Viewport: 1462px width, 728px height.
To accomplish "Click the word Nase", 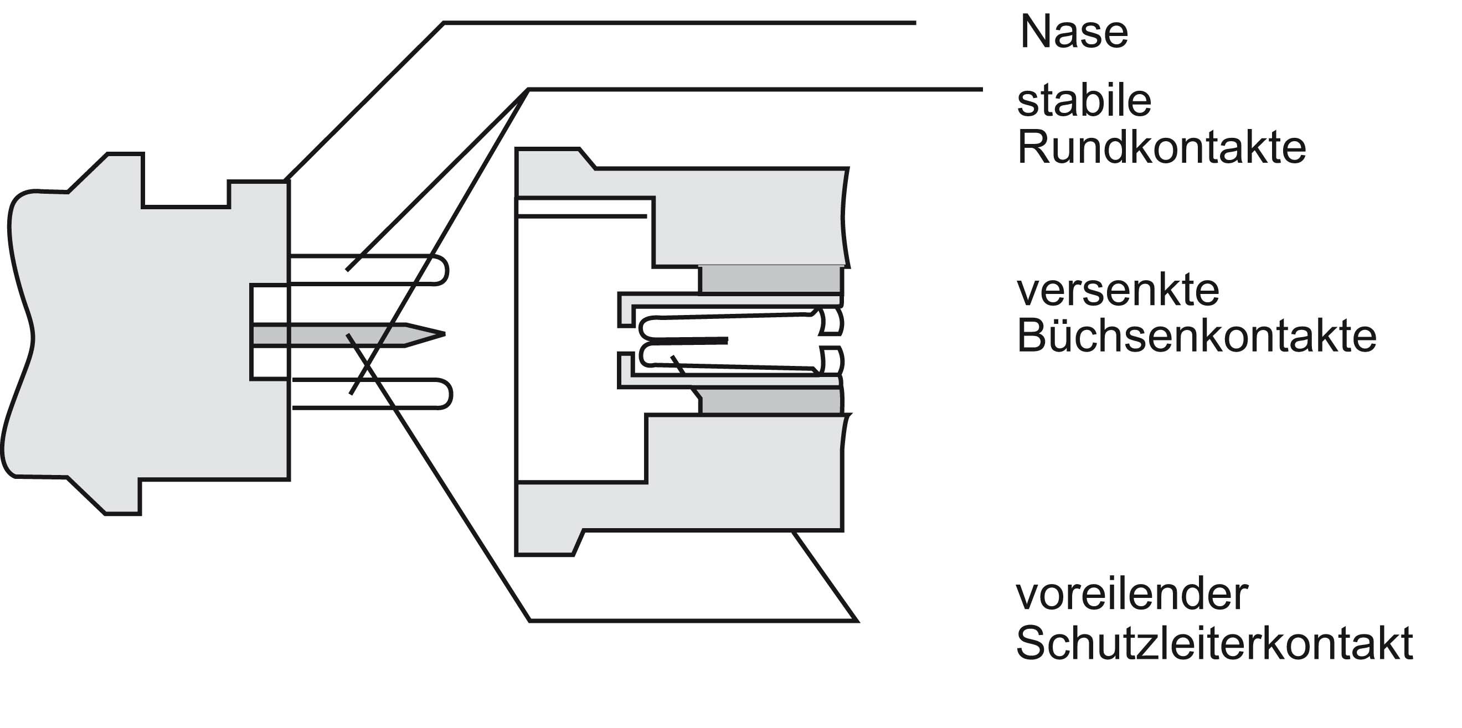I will coord(1073,33).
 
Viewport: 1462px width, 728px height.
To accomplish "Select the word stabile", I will coord(1084,101).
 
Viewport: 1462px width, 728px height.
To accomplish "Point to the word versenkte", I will coord(1118,291).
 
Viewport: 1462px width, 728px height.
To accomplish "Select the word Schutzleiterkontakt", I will coord(1214,643).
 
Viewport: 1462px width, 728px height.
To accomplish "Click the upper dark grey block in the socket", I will coord(770,279).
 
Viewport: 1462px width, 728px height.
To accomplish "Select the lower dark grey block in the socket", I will coord(770,401).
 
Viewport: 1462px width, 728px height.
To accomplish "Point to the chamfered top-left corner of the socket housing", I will coord(587,158).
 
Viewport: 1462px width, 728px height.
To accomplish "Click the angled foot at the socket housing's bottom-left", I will coord(577,543).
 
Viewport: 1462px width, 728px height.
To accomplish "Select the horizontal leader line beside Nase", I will coord(681,23).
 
